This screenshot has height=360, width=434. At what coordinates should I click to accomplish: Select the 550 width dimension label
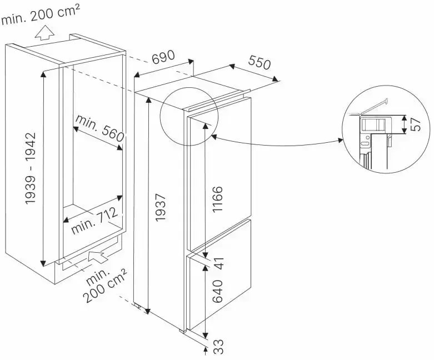click(x=259, y=63)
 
